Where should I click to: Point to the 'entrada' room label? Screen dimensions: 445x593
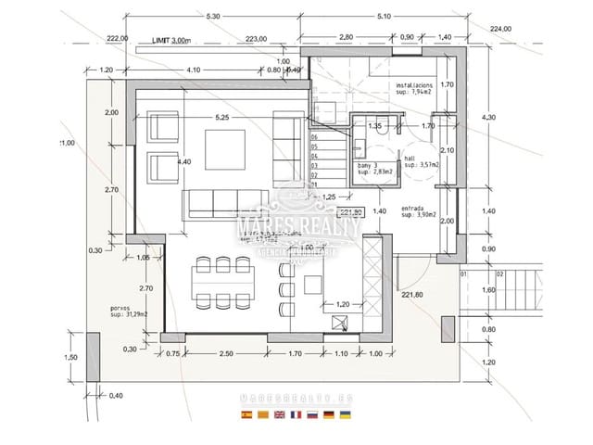coord(414,209)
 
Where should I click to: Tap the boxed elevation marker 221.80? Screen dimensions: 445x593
coord(353,211)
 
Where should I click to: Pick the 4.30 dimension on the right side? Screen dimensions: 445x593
coord(490,117)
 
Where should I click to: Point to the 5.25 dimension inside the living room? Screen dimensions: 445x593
coord(221,118)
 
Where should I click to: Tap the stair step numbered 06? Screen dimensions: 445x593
coord(315,137)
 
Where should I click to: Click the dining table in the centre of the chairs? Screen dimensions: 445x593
coord(222,282)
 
